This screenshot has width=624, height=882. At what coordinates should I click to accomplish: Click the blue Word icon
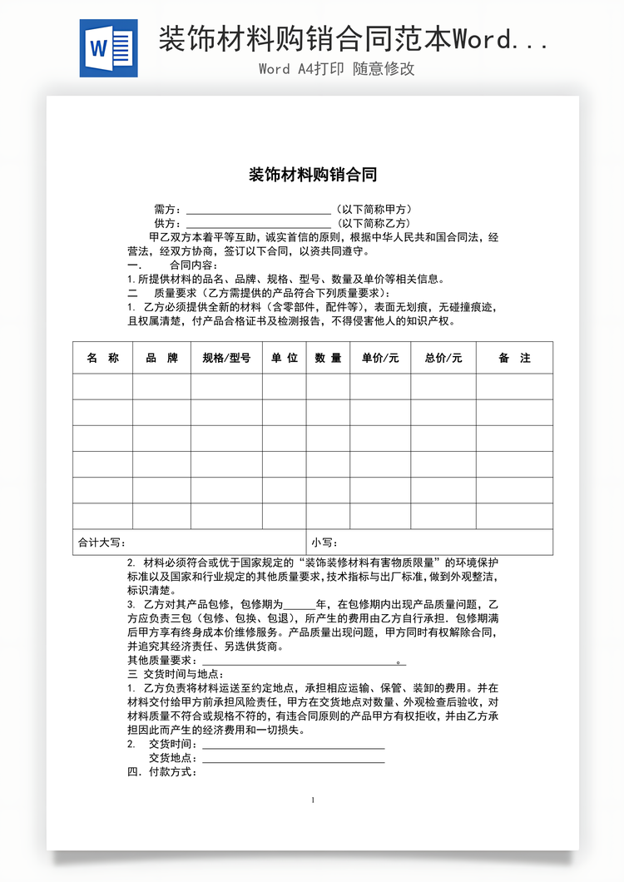(108, 48)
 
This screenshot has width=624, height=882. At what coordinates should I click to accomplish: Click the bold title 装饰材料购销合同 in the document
(313, 175)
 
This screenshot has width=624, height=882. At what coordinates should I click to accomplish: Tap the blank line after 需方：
(258, 210)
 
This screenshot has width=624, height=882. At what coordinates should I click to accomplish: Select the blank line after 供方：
(258, 225)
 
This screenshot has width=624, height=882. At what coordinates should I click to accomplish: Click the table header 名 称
(102, 358)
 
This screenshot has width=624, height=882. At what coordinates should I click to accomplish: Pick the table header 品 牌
(161, 358)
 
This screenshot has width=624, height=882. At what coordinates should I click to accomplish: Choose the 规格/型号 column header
(226, 358)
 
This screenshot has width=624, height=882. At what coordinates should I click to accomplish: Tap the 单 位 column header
(284, 358)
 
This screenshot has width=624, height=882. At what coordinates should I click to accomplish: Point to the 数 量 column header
(328, 358)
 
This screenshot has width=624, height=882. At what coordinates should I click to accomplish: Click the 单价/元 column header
(379, 358)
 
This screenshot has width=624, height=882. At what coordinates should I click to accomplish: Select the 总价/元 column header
(443, 358)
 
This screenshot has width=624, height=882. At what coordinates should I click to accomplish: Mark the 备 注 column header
(514, 358)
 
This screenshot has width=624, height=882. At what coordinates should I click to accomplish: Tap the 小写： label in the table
(324, 543)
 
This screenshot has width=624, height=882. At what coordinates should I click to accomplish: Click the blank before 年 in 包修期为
(300, 604)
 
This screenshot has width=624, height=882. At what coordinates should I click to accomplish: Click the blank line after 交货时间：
(293, 744)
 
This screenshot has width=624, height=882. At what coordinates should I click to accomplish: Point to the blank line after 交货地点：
(293, 758)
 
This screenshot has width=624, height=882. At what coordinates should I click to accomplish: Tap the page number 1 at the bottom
(313, 800)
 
